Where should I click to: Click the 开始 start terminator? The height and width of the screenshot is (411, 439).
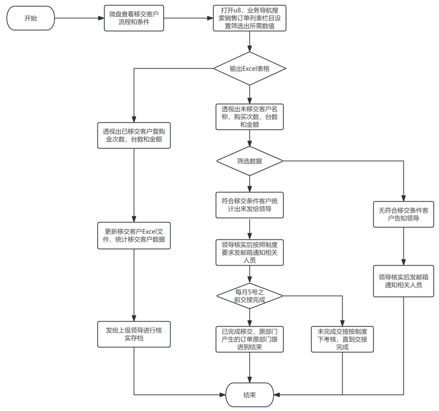coord(30,18)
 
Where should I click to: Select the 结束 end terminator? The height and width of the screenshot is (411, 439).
coord(250,395)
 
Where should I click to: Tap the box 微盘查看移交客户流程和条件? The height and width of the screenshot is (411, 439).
coord(134,18)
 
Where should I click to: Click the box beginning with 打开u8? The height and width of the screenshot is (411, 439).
coord(250,18)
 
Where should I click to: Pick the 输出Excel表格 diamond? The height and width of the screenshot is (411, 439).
coord(250,69)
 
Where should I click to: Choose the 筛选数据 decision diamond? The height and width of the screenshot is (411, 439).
coord(250,161)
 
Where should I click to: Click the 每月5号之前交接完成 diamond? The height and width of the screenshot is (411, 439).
coord(250,296)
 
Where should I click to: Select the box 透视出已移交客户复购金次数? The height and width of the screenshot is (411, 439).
coord(134,135)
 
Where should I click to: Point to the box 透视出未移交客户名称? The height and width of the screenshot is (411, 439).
coord(250,117)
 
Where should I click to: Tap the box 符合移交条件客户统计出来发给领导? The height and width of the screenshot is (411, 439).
coord(250,205)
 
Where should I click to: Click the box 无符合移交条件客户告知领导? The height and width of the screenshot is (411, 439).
coord(404,214)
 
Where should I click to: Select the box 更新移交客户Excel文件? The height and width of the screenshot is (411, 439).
coord(134,236)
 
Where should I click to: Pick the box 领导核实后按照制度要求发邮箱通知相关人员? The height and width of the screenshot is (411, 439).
coord(250,252)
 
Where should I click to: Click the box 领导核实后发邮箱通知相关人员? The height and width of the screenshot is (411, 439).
coord(404,281)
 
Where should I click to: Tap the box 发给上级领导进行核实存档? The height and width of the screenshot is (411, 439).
coord(134,334)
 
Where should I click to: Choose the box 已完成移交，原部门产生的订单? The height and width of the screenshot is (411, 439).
coord(250,339)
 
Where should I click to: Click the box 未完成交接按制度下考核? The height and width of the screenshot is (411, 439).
coord(342,339)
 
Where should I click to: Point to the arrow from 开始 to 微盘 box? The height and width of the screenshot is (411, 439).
coord(80,18)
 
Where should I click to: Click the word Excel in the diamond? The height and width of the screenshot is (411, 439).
coord(250,69)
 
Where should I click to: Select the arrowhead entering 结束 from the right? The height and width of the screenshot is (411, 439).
coord(276,395)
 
